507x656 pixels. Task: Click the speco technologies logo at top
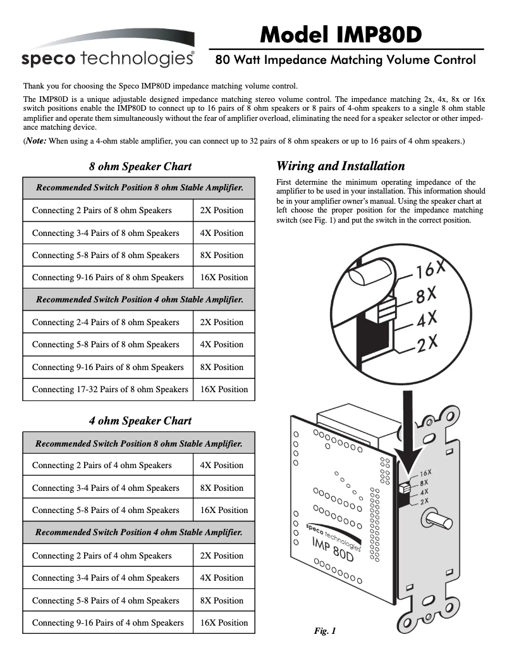tap(107, 58)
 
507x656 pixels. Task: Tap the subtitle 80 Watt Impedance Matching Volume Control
tap(345, 61)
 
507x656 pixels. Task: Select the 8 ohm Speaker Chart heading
tap(140, 167)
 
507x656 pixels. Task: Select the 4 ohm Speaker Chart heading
tap(140, 421)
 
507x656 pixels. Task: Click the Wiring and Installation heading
tap(341, 166)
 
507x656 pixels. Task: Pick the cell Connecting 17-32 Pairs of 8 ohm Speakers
tap(109, 390)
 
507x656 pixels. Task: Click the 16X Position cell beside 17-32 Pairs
tap(224, 390)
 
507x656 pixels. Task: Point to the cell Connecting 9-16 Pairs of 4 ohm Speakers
tap(107, 622)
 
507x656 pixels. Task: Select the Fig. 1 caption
tap(325, 631)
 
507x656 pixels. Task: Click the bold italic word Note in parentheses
tap(35, 142)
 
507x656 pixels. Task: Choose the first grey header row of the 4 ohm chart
tap(139, 444)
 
